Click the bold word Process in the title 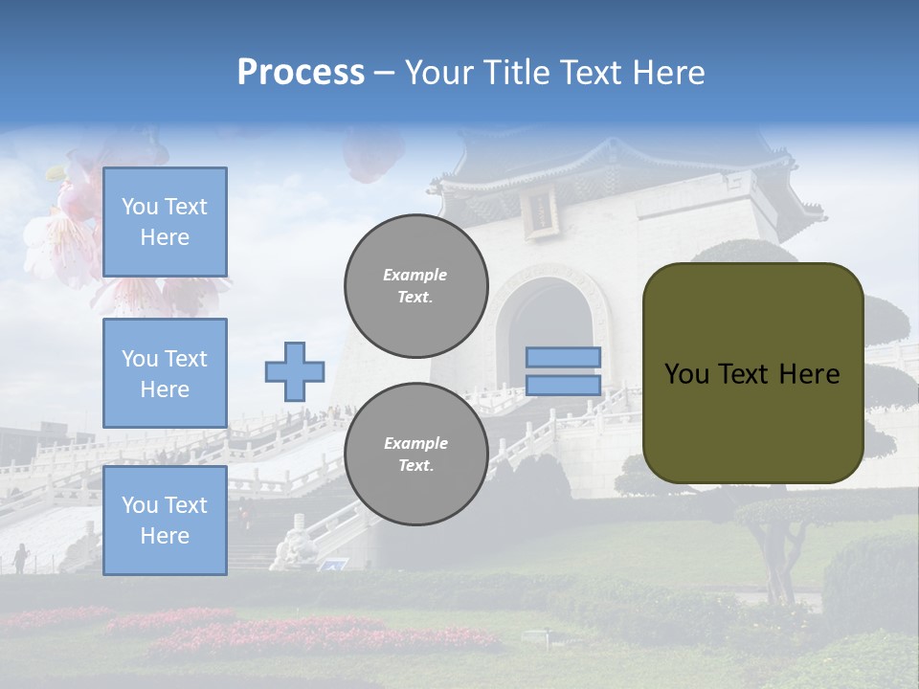tap(301, 73)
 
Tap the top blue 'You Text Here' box tap(165, 222)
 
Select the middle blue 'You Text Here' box tap(165, 373)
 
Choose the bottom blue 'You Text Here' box tap(165, 521)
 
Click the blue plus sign tap(295, 371)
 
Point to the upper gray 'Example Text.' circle tap(415, 286)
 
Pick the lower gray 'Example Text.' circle tap(415, 455)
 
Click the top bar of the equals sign tap(563, 357)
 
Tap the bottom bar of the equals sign tap(563, 386)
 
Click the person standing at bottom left tap(20, 558)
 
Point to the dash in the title tap(384, 73)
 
